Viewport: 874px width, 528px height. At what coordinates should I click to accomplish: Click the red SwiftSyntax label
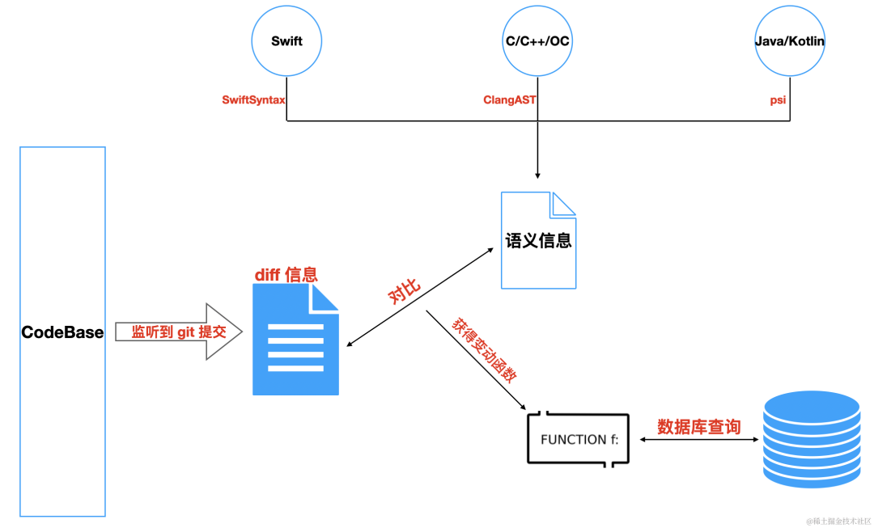253,100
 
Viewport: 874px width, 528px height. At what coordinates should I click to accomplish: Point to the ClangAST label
510,100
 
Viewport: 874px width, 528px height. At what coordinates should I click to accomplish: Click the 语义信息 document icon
538,240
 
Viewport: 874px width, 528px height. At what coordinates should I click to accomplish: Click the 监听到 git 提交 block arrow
179,332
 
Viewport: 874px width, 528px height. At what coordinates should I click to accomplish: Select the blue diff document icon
295,340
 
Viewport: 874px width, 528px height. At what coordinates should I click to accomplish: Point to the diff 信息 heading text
286,274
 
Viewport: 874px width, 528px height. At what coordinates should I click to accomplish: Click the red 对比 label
404,293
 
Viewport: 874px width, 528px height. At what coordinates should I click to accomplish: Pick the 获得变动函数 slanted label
485,350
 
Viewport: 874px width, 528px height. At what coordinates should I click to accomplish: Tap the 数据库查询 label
699,427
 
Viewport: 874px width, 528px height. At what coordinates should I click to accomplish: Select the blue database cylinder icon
812,439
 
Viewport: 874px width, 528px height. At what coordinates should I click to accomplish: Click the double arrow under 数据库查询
699,439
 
